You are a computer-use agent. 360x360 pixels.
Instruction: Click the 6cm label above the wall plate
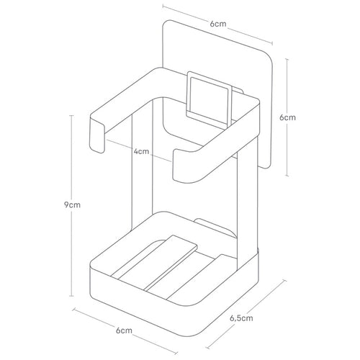(x=218, y=24)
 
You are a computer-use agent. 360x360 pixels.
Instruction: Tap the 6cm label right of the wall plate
(x=287, y=117)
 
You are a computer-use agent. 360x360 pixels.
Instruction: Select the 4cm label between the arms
(x=141, y=152)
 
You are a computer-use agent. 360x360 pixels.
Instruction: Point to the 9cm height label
(x=72, y=205)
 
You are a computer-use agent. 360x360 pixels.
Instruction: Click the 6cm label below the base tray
(x=124, y=330)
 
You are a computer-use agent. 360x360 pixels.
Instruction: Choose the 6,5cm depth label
(x=241, y=318)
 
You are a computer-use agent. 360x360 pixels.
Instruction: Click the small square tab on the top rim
(x=210, y=99)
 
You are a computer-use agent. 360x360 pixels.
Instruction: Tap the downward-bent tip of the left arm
(x=97, y=135)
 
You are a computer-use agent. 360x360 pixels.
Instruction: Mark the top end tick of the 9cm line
(x=71, y=116)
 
